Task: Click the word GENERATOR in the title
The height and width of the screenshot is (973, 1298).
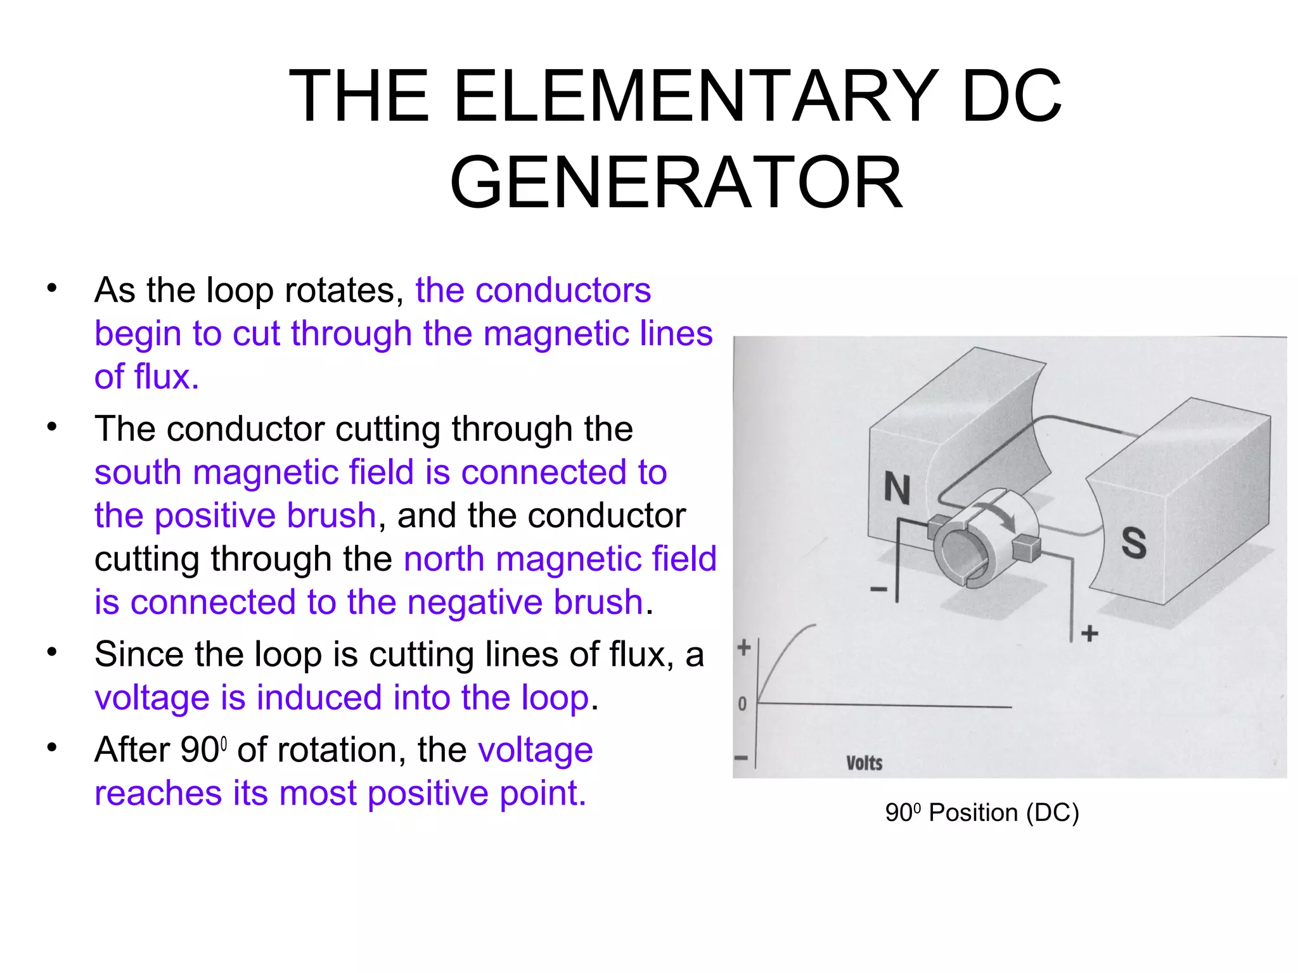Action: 676,183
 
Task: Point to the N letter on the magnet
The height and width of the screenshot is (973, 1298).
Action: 897,488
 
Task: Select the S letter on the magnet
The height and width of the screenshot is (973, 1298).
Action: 1134,543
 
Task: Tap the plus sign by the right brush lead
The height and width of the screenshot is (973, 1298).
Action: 1089,633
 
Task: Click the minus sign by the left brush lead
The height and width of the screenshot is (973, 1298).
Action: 878,590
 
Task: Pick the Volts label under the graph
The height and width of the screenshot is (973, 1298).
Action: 864,763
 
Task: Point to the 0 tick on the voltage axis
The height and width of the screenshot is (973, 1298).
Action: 742,704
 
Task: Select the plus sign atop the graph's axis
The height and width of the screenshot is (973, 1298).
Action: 744,647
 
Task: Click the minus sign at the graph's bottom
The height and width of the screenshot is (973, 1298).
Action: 741,758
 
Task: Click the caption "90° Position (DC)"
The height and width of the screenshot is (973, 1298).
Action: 982,813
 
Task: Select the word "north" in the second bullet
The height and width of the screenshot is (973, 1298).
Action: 444,559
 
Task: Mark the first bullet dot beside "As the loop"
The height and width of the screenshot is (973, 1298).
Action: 52,288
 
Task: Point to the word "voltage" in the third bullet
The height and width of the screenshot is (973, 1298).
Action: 151,698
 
